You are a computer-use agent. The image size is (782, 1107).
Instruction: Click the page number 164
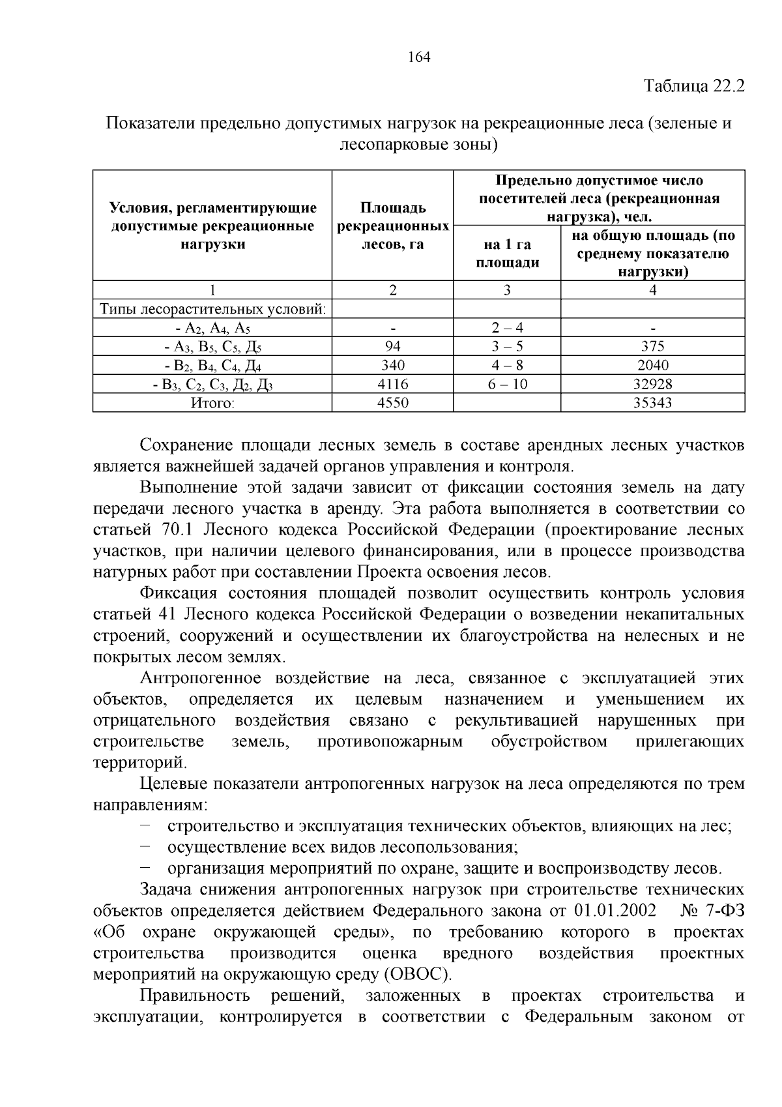point(419,57)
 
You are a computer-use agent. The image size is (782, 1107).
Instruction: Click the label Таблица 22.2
point(693,85)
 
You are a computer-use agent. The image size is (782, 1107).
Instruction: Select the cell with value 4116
point(392,384)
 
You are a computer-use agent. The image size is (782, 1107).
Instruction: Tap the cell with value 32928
point(652,384)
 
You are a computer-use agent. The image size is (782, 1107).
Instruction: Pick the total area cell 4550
point(392,402)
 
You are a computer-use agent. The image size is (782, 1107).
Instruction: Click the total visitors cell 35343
point(652,402)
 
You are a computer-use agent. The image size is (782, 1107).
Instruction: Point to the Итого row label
point(212,402)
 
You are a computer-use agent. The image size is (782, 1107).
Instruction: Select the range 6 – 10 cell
point(507,384)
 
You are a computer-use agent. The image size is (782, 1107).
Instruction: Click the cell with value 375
point(652,346)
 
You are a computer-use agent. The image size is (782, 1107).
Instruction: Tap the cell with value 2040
point(652,365)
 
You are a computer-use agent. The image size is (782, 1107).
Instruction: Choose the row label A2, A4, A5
point(212,328)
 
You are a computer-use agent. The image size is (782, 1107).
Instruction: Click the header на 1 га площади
point(507,253)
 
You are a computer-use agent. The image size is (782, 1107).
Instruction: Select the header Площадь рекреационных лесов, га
point(392,226)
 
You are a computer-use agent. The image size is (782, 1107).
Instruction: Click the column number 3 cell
point(507,290)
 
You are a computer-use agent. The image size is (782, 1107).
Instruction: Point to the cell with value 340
point(392,365)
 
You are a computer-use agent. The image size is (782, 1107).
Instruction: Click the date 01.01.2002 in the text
point(616,911)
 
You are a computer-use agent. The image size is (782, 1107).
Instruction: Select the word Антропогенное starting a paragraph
point(201,678)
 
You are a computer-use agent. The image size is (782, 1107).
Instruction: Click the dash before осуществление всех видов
point(145,847)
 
